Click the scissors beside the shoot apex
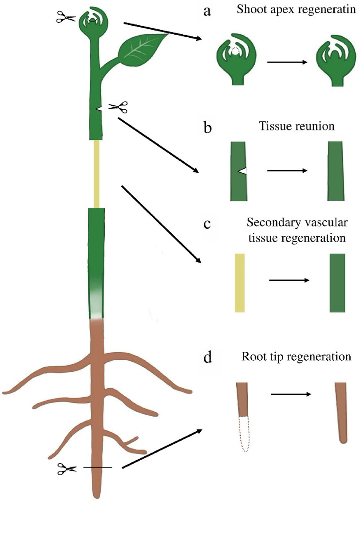66,17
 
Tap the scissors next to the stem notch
119,107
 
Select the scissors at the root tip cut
67,468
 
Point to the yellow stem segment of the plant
96,173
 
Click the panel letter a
207,12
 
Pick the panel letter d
207,357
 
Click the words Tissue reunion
296,126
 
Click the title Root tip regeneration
296,357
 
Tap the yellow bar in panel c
240,282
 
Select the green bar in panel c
337,282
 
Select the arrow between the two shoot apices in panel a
287,62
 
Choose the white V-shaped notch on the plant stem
100,108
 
